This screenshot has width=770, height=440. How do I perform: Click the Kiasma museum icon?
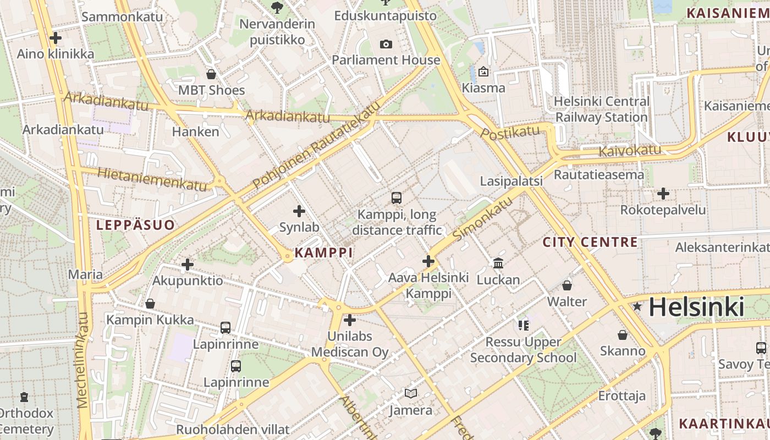[483, 71]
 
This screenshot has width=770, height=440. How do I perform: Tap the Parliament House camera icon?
[386, 44]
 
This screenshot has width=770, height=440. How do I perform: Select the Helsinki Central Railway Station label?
[602, 109]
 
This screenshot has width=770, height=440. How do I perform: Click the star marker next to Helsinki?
[637, 306]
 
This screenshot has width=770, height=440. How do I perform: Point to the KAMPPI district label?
[323, 252]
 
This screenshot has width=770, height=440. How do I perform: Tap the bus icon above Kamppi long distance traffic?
[396, 198]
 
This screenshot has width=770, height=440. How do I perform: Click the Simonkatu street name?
[483, 219]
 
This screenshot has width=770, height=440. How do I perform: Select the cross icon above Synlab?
[299, 211]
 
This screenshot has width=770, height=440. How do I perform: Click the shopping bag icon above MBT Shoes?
[211, 74]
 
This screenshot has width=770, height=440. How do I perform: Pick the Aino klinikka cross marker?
[55, 38]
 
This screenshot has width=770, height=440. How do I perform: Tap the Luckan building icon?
[498, 263]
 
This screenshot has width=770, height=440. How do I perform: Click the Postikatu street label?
[510, 132]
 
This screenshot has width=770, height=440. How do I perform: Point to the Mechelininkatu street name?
[83, 360]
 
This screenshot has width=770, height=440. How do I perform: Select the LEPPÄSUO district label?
[135, 225]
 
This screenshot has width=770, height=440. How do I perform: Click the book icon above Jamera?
[411, 393]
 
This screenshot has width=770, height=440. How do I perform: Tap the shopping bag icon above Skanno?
[623, 335]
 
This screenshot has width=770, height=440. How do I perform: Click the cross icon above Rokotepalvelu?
[663, 194]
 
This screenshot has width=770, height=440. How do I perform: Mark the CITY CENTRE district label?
[590, 242]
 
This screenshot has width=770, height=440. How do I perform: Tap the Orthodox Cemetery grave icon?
[24, 397]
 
